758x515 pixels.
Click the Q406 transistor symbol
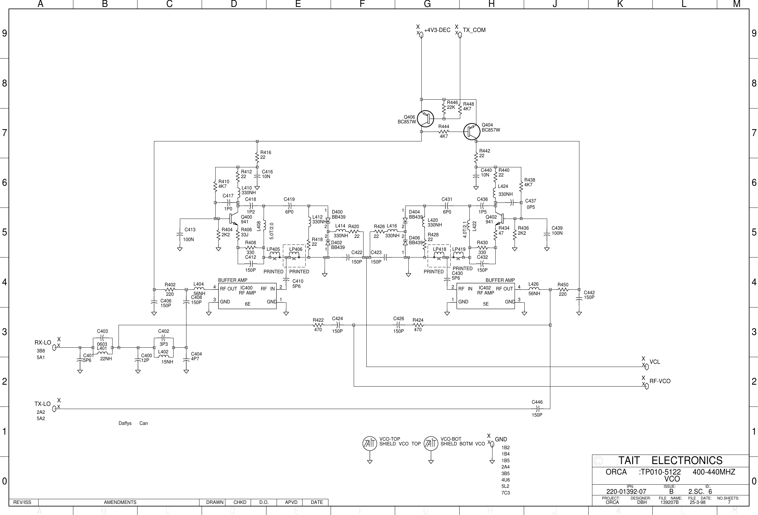point(425,119)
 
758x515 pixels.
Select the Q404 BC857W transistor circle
point(472,132)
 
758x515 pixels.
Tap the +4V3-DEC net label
point(437,30)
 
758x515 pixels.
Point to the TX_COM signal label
point(474,30)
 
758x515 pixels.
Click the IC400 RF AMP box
point(247,296)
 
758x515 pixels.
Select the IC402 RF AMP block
point(485,296)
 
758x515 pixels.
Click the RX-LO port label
point(43,343)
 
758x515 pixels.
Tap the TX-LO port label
point(43,404)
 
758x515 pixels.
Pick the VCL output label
point(655,362)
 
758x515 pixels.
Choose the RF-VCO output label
point(660,381)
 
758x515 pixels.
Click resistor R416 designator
point(266,152)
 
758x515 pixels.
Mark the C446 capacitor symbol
point(537,409)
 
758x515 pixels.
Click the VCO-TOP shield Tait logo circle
point(370,444)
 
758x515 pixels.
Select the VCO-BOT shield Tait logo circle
point(431,444)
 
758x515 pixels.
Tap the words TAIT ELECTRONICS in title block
point(670,461)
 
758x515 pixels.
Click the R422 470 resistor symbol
point(318,325)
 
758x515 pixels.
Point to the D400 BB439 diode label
point(338,214)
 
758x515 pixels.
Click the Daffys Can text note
point(133,423)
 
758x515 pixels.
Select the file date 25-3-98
point(697,502)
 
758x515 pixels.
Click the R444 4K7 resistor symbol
point(443,132)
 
